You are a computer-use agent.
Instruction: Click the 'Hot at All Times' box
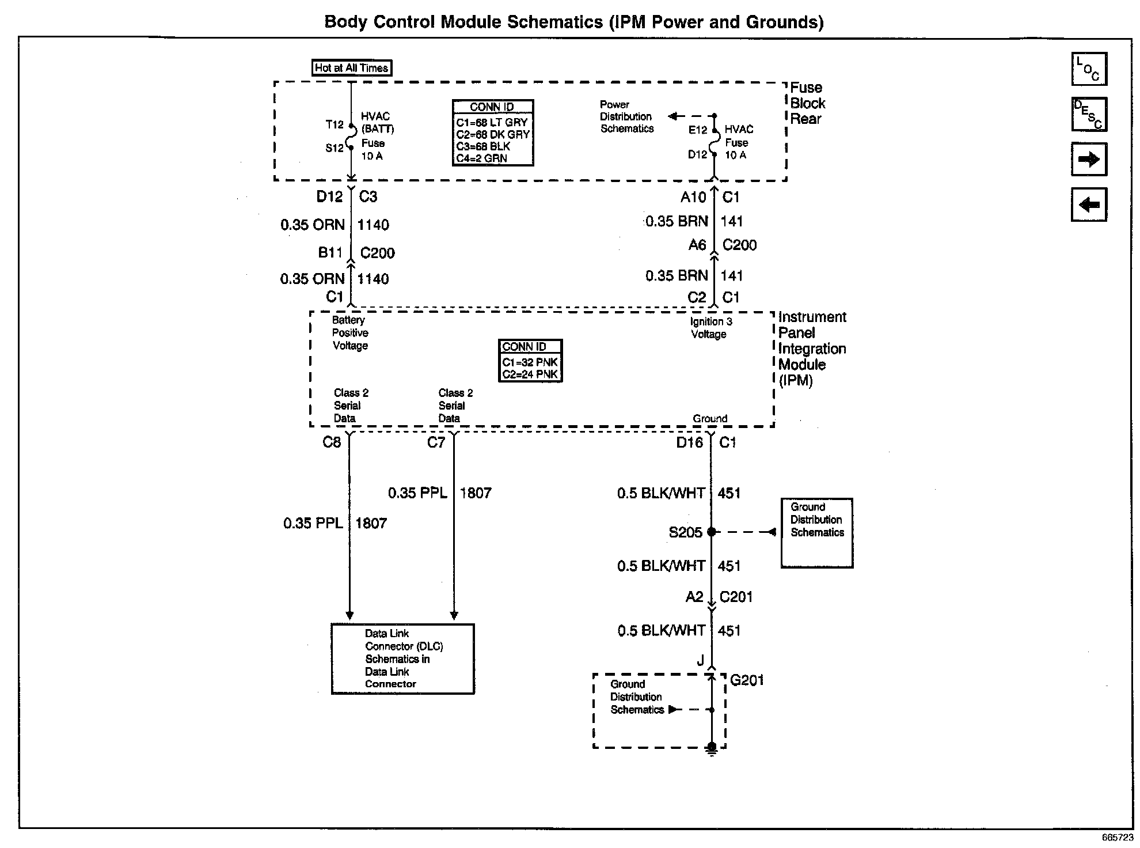tap(351, 68)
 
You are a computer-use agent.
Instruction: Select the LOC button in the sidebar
tap(1089, 69)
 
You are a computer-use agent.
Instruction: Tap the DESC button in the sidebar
tap(1089, 114)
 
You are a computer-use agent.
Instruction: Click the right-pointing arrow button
tap(1089, 160)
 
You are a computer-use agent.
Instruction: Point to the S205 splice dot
tap(711, 532)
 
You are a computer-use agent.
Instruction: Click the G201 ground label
tap(747, 680)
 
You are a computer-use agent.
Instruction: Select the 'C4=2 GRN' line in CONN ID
tap(482, 158)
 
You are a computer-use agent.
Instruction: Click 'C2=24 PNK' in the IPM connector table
tap(530, 374)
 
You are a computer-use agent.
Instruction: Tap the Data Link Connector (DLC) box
tap(402, 659)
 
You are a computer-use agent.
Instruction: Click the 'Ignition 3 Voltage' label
tap(711, 328)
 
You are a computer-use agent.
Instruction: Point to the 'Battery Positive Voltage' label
tap(350, 333)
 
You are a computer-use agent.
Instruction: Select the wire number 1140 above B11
tap(373, 225)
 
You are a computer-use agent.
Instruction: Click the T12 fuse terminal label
tap(335, 124)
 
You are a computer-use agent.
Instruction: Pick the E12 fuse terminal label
tap(698, 130)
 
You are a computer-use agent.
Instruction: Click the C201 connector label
tap(736, 597)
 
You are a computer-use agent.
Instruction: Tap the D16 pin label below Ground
tap(689, 442)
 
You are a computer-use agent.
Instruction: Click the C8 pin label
tap(332, 442)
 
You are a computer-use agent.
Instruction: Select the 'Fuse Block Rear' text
tap(807, 104)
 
